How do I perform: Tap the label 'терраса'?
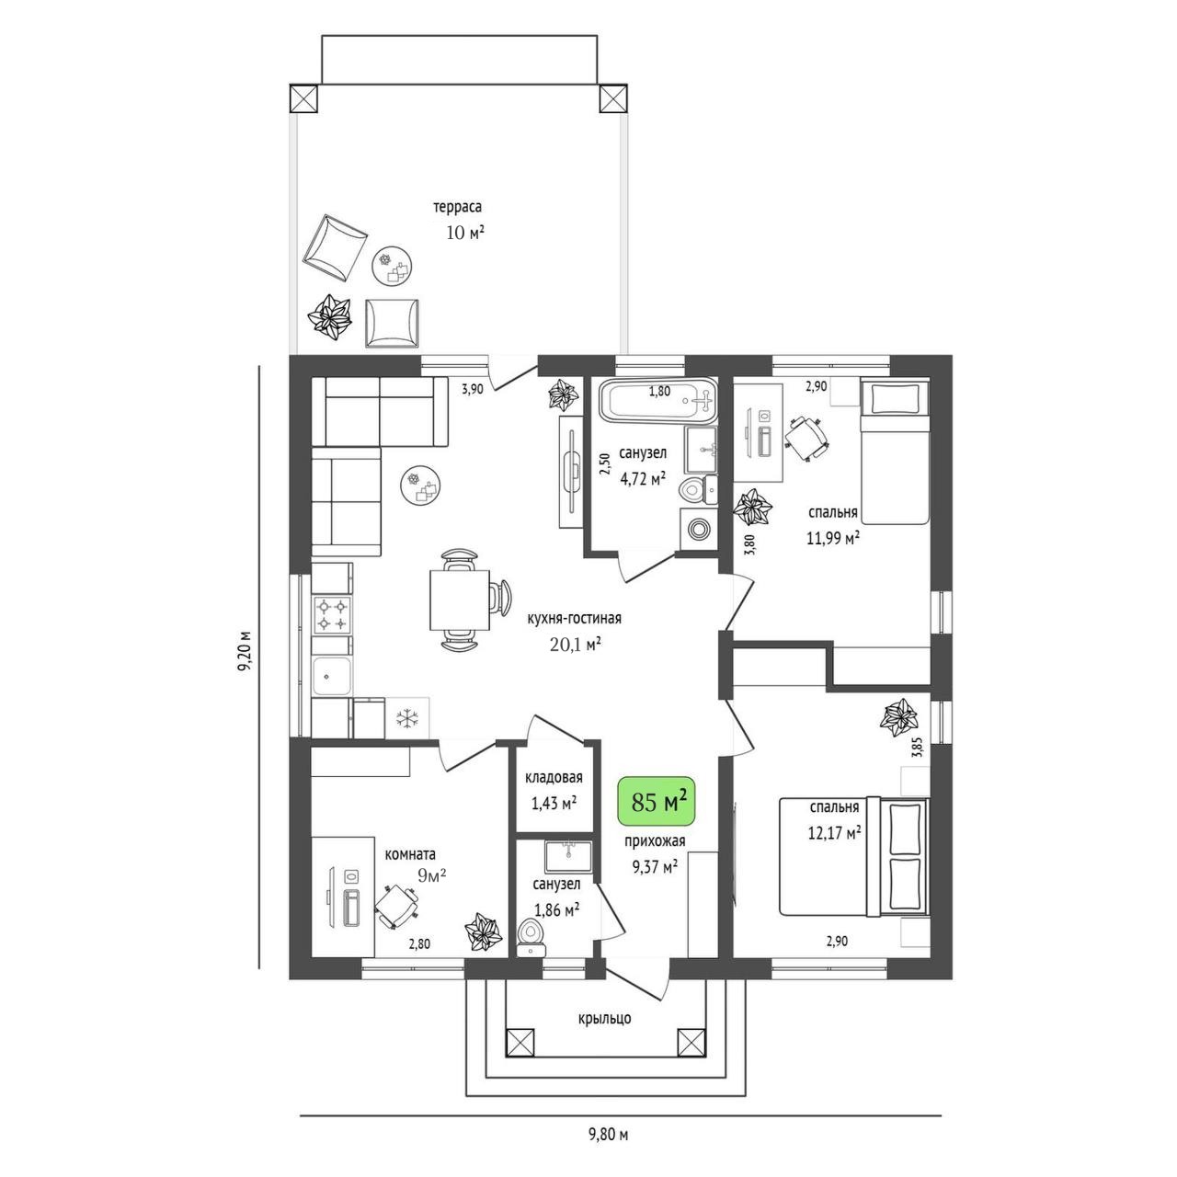pos(458,207)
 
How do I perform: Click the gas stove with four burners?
pos(332,614)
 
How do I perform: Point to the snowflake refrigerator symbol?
pos(406,718)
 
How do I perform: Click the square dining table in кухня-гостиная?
pos(460,600)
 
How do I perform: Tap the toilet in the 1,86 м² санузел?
pos(531,938)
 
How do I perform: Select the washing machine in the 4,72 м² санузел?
pos(697,525)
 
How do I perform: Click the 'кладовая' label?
pos(554,778)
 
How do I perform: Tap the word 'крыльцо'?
pos(605,1018)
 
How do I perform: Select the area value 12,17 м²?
pos(834,832)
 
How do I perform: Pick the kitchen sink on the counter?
pos(332,677)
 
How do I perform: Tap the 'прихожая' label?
pos(654,841)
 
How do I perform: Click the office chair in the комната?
pos(395,905)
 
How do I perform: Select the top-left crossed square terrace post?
pos(303,98)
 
